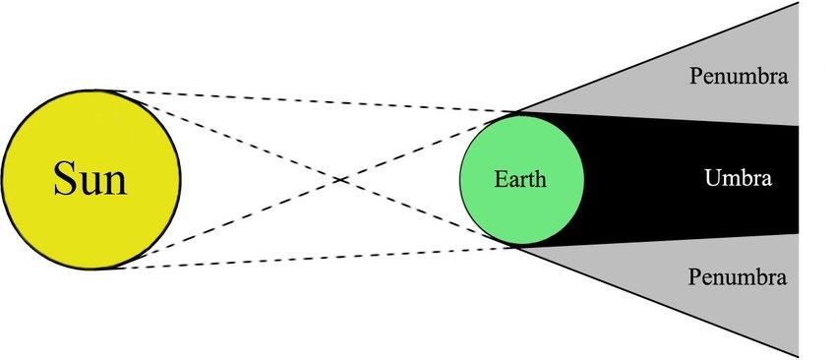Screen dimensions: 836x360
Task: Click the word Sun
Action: point(90,179)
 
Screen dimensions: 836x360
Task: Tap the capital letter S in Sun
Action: point(64,179)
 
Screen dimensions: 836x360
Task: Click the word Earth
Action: point(520,179)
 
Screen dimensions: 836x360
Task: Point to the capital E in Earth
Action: point(500,179)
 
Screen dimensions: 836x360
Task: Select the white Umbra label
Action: point(738,178)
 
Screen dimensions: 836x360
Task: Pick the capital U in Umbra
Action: point(712,178)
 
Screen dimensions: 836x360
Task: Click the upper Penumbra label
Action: point(739,77)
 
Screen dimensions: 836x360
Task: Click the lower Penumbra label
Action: point(738,277)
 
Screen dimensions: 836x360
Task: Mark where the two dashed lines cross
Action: point(340,180)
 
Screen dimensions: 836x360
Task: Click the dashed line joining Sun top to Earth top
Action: point(315,101)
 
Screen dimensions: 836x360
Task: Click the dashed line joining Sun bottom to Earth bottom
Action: point(315,258)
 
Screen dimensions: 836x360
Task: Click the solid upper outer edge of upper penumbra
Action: point(657,57)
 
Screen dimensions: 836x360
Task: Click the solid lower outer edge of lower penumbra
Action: point(657,301)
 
